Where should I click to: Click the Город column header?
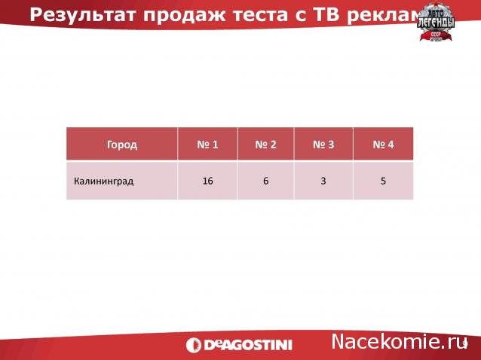coord(122,144)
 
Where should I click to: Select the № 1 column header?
coord(207,144)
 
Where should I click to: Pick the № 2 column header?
coord(265,144)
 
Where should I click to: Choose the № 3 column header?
coord(323,144)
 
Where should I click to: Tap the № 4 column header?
coord(383,144)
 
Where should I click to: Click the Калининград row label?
coord(104,181)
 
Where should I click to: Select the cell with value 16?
coord(207,181)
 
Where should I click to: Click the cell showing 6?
coord(265,181)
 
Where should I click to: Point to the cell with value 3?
coord(323,181)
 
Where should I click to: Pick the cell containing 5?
coord(383,181)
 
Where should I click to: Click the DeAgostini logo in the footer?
coord(249,345)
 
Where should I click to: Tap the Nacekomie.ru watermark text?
coord(396,342)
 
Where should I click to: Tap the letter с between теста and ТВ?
coord(295,14)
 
